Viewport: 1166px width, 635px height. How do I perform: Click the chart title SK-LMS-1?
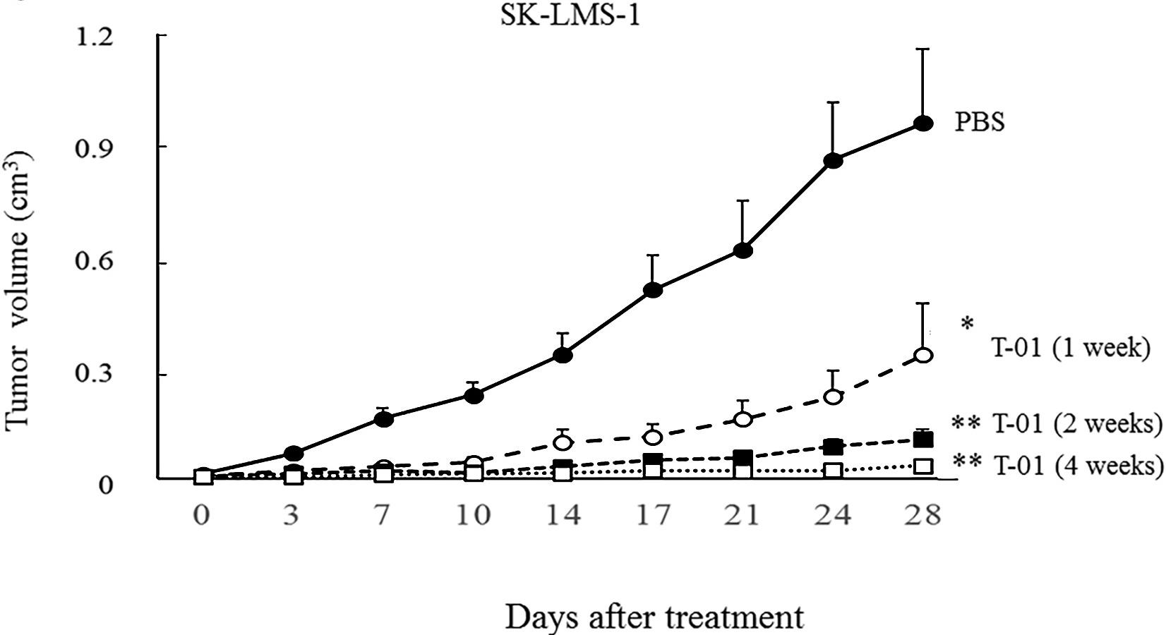point(570,16)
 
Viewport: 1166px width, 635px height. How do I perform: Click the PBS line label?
point(980,122)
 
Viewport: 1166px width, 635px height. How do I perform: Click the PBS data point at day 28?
point(923,123)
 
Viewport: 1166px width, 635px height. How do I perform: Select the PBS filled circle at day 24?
point(833,160)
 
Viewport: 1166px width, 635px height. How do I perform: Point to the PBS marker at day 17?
point(653,289)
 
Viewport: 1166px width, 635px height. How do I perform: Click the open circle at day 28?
point(923,355)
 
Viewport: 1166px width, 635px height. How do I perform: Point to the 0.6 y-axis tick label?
point(95,262)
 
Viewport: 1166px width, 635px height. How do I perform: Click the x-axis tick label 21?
point(743,516)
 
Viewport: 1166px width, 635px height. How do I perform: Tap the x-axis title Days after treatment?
point(654,617)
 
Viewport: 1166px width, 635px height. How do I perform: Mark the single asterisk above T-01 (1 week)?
point(967,324)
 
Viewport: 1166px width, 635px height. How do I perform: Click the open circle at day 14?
point(563,442)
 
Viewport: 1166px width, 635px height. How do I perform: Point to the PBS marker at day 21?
point(743,250)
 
